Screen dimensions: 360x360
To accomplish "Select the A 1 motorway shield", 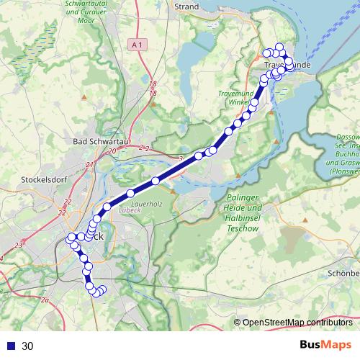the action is click(140, 45).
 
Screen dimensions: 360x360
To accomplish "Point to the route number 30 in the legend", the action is click(27, 346).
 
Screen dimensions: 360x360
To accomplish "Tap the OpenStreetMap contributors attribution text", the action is click(299, 322).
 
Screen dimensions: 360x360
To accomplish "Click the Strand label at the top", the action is click(186, 6).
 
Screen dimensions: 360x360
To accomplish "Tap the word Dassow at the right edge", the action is click(348, 137).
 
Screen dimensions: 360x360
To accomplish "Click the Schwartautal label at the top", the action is click(111, 4).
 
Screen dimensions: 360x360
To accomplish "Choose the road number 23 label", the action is click(18, 246).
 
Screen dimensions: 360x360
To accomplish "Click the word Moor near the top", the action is click(111, 21).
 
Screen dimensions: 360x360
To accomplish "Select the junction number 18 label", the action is click(152, 84).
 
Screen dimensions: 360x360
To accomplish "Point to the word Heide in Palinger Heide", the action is click(230, 207).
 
